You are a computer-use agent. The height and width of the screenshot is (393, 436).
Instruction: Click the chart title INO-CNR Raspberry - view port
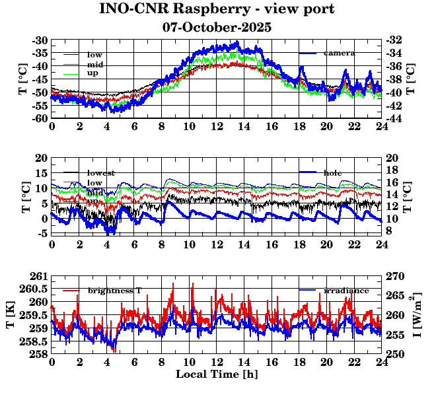[217, 10]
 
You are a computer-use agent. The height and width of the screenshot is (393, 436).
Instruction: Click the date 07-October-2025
[217, 28]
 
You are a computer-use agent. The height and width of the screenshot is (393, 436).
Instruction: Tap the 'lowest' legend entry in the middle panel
[100, 173]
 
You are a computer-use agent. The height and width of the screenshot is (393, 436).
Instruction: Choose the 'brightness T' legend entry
[114, 291]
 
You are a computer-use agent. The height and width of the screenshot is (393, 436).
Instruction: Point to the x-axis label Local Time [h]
[216, 375]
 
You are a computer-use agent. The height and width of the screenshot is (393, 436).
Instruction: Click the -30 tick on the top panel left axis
[40, 40]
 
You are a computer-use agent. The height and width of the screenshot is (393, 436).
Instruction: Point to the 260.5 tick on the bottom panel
[36, 289]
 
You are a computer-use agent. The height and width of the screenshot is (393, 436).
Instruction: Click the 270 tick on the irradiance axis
[394, 276]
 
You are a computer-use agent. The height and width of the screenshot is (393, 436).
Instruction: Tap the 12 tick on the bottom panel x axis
[216, 363]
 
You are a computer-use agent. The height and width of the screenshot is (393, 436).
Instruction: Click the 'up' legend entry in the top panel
[93, 73]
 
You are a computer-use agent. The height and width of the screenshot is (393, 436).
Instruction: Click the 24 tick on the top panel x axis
[381, 127]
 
